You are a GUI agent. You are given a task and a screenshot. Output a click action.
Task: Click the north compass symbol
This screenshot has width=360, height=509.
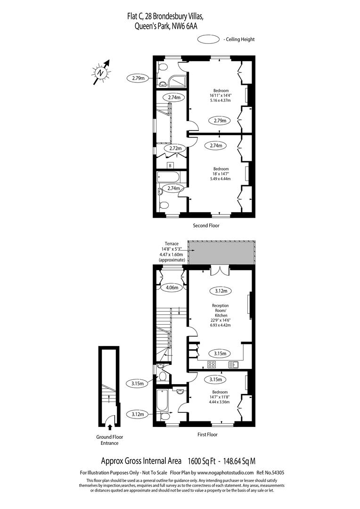tap(101, 73)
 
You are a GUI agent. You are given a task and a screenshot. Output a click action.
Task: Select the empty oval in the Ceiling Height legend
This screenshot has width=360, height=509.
tap(209, 40)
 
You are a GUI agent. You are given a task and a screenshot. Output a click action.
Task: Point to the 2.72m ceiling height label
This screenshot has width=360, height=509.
tap(173, 148)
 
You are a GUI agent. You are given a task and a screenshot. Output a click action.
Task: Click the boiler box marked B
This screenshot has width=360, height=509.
tap(170, 165)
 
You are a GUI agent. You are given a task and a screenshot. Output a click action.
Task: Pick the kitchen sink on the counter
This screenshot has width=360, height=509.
tap(233, 364)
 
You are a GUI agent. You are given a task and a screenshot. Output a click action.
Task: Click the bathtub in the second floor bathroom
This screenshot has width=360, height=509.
tap(168, 177)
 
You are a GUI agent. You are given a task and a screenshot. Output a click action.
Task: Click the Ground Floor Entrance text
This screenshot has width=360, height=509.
tap(110, 440)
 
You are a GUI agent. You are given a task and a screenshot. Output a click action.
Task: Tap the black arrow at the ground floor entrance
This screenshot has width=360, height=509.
tap(110, 427)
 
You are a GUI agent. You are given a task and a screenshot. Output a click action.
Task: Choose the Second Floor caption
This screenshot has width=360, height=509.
tap(206, 226)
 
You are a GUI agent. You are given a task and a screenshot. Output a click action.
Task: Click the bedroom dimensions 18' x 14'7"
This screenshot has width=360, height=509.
tap(221, 174)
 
